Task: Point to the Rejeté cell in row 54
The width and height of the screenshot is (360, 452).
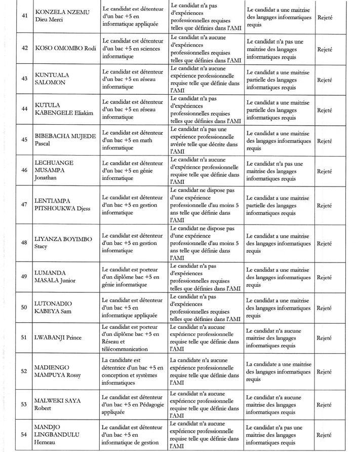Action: coord(324,434)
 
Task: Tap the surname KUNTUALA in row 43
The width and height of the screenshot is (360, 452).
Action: coord(52,74)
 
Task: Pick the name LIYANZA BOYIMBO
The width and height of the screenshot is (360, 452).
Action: coord(63,239)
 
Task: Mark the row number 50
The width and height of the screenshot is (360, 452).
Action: coord(24,307)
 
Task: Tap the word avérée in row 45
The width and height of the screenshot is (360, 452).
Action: coord(180,144)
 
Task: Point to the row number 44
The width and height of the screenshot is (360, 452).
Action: coord(24,108)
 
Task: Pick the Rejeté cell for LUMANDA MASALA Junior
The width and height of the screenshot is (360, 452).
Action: coord(324,277)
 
